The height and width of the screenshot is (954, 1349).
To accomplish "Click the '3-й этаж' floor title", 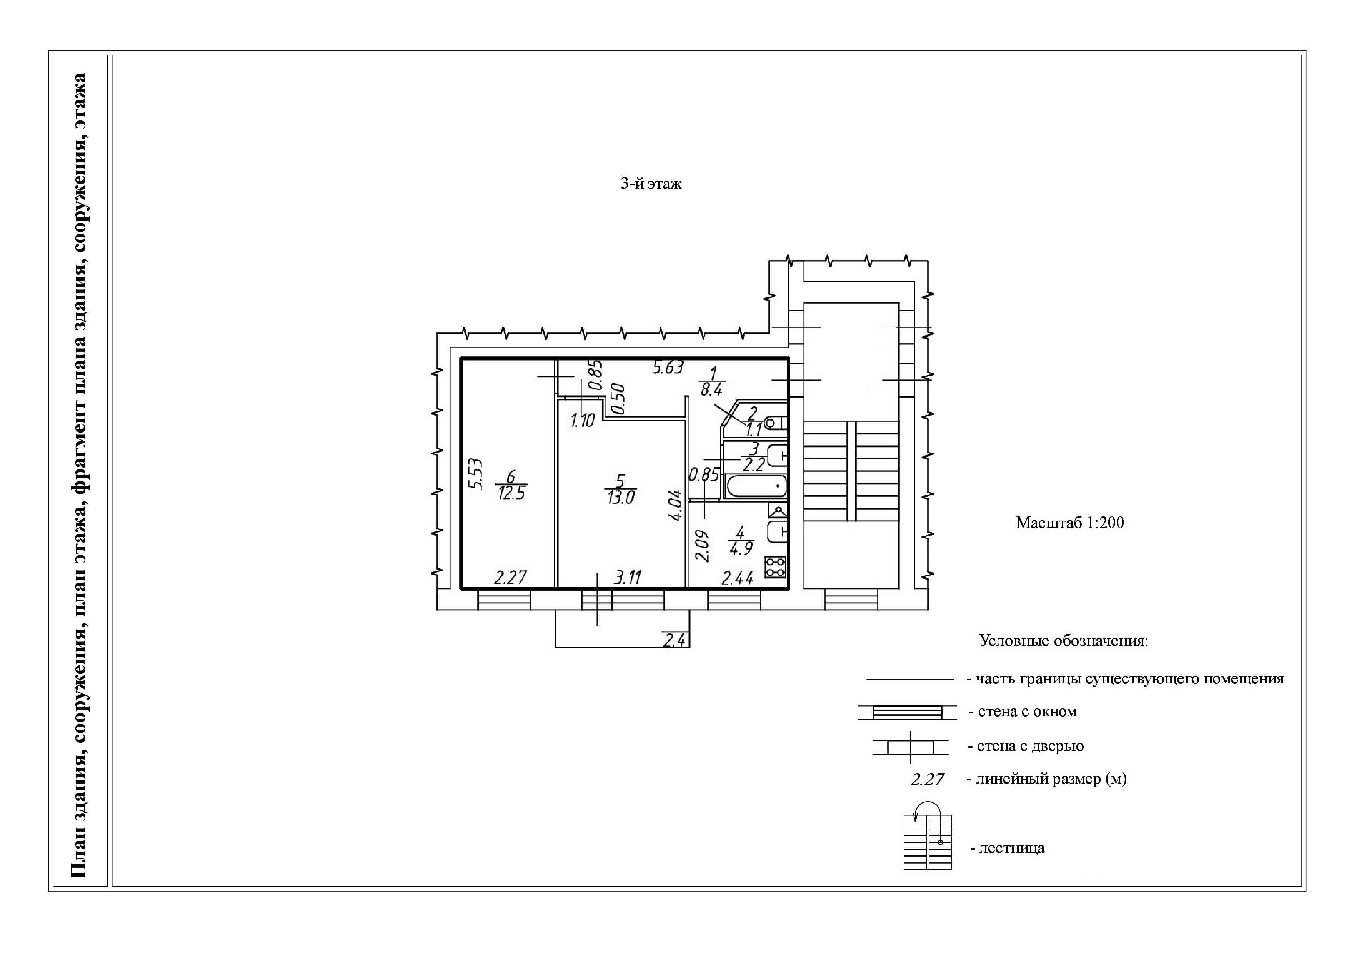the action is tap(651, 184).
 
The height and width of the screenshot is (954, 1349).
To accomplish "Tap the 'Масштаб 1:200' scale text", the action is tap(1069, 523).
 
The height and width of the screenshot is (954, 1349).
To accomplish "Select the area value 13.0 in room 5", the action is tap(620, 497).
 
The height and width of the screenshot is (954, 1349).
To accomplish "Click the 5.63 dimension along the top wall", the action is tap(668, 368).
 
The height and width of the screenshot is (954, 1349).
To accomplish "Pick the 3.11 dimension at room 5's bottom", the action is tap(628, 577).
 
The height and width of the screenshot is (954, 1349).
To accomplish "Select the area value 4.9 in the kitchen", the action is tap(741, 548).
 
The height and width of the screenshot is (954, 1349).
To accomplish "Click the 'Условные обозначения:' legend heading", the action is tap(1063, 641).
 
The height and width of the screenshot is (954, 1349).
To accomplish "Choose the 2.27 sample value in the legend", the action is tap(928, 779).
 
